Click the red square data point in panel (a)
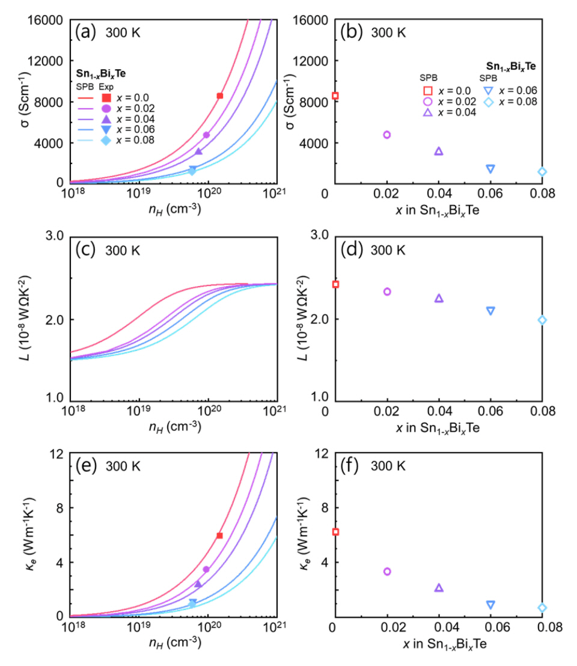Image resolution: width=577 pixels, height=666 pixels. click(220, 96)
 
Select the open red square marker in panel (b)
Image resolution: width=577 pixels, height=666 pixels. click(335, 96)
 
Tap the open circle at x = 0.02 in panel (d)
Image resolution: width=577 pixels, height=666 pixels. click(387, 292)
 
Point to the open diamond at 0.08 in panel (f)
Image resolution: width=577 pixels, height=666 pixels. click(542, 608)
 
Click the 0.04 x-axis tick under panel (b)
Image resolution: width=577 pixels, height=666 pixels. click(439, 194)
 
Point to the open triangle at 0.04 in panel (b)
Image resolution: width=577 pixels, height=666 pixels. click(439, 151)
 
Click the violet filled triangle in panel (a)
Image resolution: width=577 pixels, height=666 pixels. click(198, 151)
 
